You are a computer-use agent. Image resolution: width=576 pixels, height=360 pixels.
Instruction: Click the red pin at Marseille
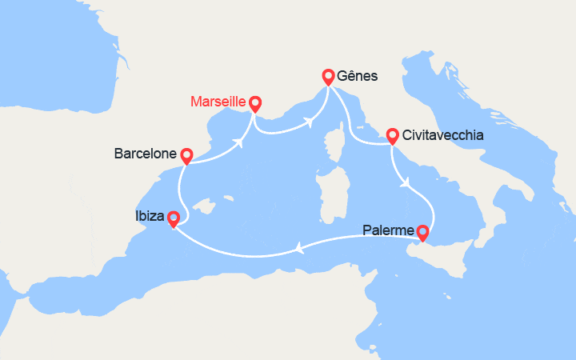tap(255, 103)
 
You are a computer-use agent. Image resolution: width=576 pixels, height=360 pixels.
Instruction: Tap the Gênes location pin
tap(328, 77)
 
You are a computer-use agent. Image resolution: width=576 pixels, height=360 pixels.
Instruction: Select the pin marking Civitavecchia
tap(392, 135)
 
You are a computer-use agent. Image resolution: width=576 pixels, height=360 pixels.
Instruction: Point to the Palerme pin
tap(422, 233)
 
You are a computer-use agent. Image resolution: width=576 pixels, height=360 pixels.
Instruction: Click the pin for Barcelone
tap(186, 155)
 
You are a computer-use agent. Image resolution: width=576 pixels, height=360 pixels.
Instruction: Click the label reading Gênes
tap(358, 77)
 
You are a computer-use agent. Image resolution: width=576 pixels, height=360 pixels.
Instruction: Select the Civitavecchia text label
tap(443, 135)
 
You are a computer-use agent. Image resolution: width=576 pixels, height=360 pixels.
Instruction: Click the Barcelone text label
tap(146, 153)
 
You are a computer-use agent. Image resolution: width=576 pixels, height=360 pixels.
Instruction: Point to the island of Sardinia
tap(330, 197)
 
